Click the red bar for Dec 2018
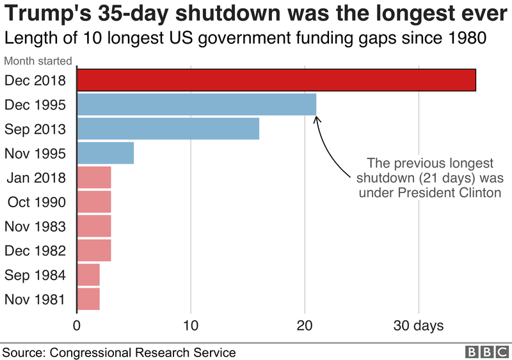pos(276,80)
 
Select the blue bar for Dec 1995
pos(196,104)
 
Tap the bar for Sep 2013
pos(168,129)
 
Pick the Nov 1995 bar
pos(106,153)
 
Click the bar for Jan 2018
pos(94,178)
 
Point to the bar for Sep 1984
pos(88,275)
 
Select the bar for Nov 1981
pos(88,299)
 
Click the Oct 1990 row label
pos(36,203)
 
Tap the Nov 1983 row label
pos(35,226)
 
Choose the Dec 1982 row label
pos(35,251)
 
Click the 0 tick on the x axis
pos(77,326)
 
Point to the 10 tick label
pos(191,326)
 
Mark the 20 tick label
pos(305,326)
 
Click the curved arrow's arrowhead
pos(317,118)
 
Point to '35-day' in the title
pos(129,14)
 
